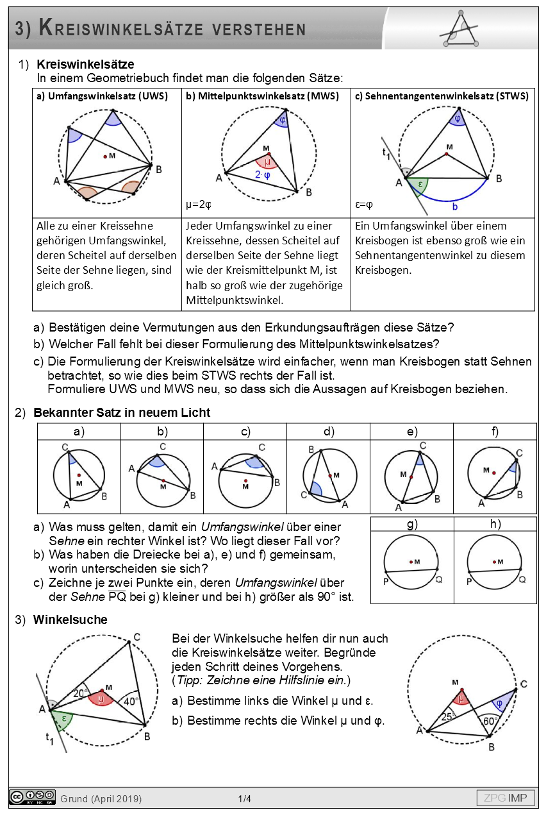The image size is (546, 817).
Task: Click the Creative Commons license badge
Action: point(32,797)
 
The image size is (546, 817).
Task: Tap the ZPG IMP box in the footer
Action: point(506,798)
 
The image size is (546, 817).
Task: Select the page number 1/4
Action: point(245,798)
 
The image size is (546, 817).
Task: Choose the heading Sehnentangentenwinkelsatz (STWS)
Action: point(442,96)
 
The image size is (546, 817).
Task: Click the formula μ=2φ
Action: point(199,205)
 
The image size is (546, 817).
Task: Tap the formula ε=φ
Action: point(365,205)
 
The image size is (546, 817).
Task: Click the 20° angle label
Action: point(80,693)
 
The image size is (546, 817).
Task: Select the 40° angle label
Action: point(131,702)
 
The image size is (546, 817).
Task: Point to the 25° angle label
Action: point(449,716)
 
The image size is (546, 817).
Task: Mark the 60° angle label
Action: point(492,721)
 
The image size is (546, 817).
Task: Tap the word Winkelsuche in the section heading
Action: point(70,619)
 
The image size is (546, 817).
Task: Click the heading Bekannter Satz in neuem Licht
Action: point(122,412)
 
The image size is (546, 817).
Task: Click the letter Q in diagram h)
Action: point(522,579)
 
